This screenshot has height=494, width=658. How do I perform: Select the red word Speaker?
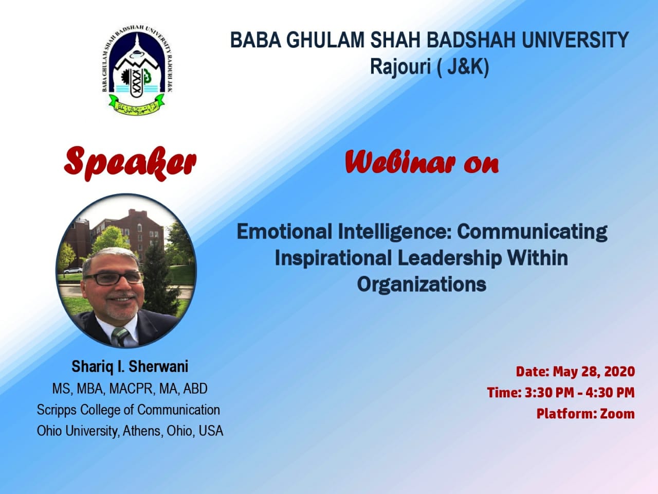pyautogui.click(x=130, y=163)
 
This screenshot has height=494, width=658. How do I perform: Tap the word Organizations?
pyautogui.click(x=422, y=285)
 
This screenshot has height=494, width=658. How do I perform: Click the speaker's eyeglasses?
pyautogui.click(x=114, y=278)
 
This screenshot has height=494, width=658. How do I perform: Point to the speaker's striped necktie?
pyautogui.click(x=120, y=336)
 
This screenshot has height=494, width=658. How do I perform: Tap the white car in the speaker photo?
pyautogui.click(x=73, y=271)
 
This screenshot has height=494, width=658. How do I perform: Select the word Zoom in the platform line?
pyautogui.click(x=617, y=414)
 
